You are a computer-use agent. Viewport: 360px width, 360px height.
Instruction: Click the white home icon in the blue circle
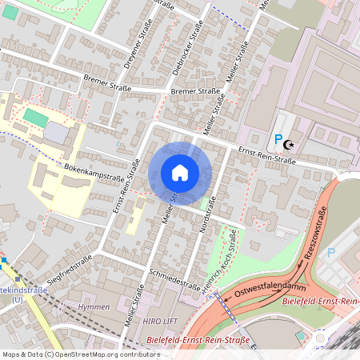click(180, 173)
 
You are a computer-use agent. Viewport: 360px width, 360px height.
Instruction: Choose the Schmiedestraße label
click(174, 278)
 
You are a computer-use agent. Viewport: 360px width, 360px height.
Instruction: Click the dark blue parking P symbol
click(278, 140)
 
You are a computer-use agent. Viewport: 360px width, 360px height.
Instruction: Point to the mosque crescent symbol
click(290, 145)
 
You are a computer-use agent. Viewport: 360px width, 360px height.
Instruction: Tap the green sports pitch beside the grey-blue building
click(35, 118)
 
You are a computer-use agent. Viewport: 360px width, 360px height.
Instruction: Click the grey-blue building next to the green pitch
click(55, 132)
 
